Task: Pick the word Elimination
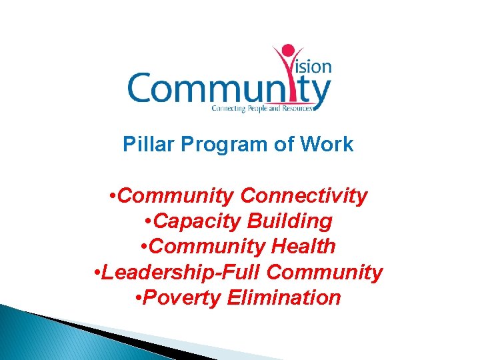coord(284,297)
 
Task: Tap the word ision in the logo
coord(314,67)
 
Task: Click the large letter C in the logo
coord(142,88)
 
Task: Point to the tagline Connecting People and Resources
coord(261,107)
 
